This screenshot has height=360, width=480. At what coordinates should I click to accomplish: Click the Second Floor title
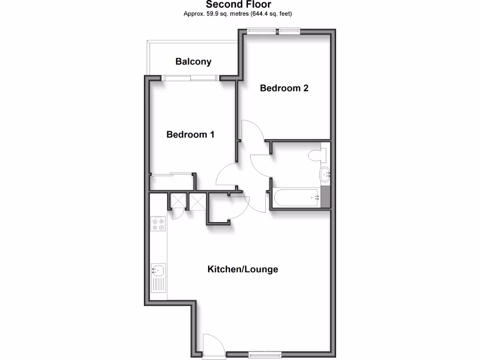click(239, 5)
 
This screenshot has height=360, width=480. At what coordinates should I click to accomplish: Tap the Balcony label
click(193, 61)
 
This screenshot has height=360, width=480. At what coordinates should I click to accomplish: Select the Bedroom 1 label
click(190, 135)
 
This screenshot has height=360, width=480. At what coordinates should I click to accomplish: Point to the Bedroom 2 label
click(284, 88)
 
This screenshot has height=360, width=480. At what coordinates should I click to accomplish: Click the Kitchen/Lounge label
click(243, 269)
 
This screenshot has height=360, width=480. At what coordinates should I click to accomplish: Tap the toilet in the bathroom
click(317, 155)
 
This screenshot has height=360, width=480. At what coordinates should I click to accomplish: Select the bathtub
click(296, 198)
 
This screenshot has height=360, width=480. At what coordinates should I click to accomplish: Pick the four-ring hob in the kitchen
click(158, 224)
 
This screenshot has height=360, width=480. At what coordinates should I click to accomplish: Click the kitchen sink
click(157, 270)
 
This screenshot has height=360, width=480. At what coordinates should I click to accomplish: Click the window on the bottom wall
click(265, 354)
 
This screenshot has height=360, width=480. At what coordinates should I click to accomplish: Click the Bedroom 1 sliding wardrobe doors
click(172, 174)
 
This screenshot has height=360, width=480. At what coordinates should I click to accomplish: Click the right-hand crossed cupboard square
click(197, 202)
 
